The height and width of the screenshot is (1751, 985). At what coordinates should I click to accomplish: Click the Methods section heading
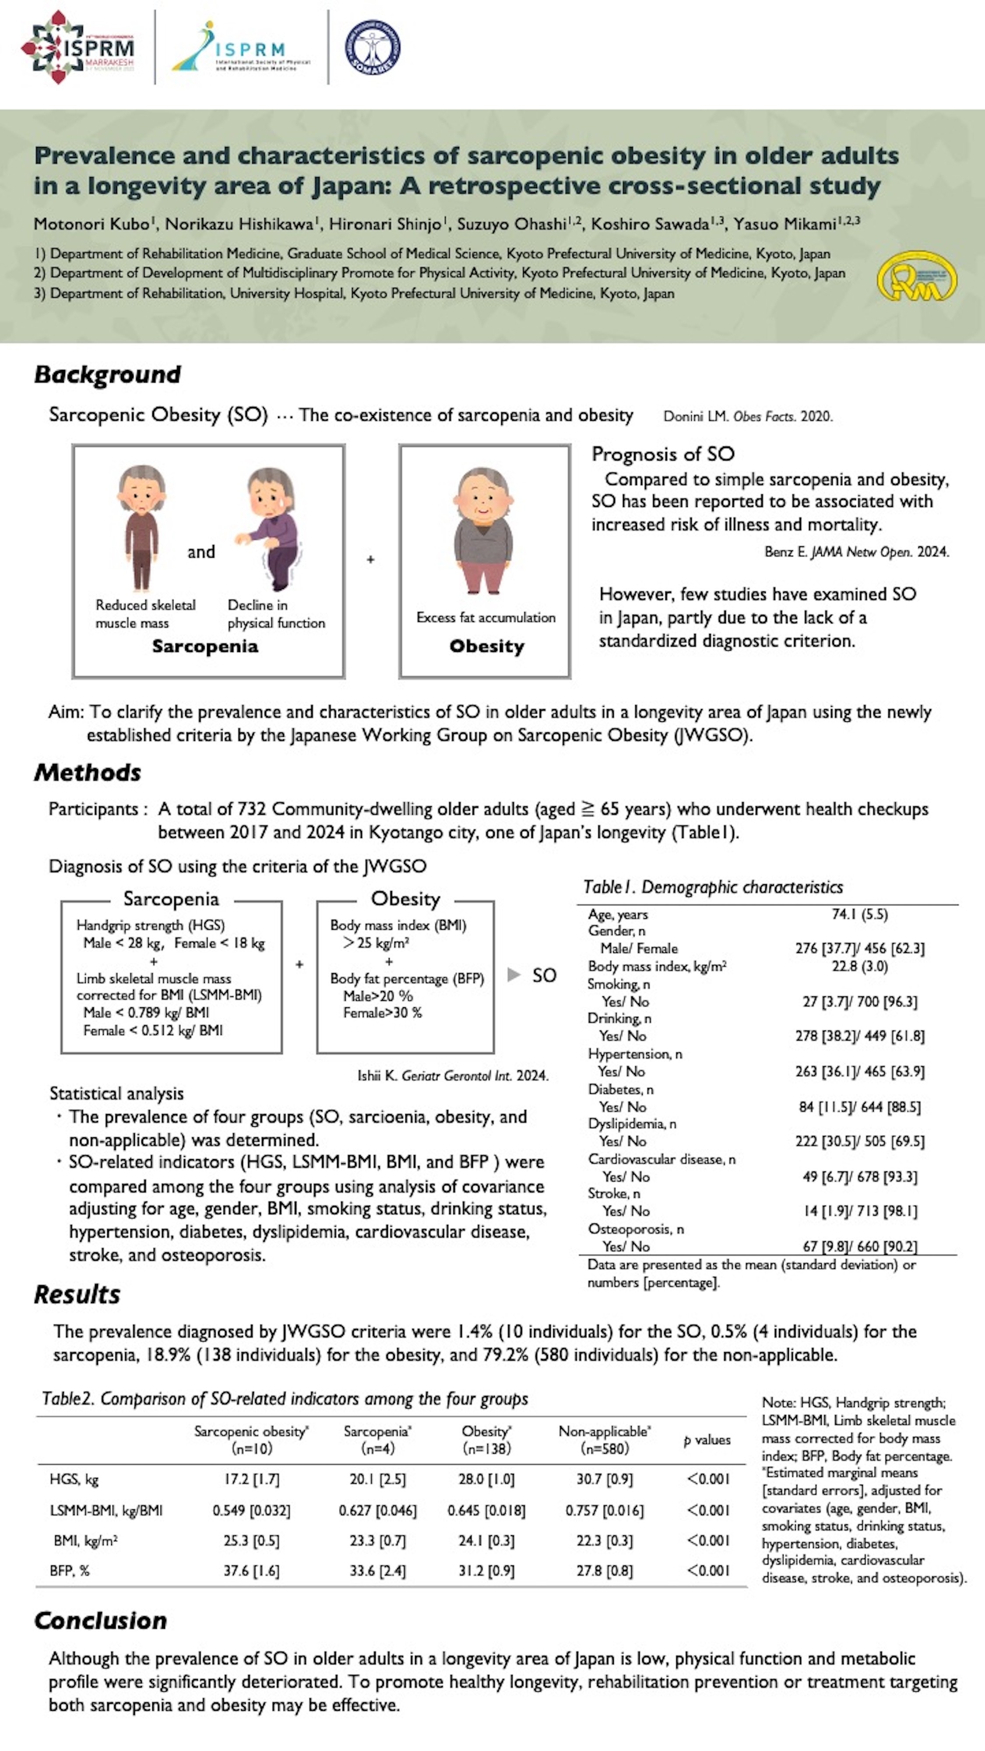pos(88,773)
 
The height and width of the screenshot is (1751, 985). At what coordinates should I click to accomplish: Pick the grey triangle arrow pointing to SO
pos(514,975)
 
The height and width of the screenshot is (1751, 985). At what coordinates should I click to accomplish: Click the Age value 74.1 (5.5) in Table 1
pos(859,914)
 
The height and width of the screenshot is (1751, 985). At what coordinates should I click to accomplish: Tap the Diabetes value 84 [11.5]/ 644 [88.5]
pos(859,1107)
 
